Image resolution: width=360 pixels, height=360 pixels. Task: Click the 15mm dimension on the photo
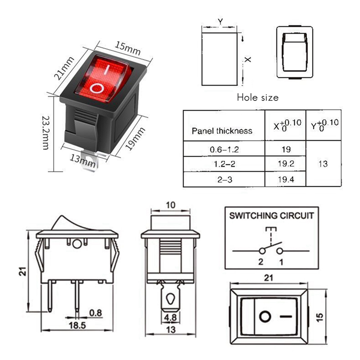128,48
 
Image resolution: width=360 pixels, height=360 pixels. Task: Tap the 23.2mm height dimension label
46,133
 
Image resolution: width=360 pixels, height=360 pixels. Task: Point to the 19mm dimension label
135,139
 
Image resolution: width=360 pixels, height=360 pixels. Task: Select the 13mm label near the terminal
83,161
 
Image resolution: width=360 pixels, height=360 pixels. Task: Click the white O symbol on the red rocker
96,88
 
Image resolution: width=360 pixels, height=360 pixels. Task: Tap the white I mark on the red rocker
106,70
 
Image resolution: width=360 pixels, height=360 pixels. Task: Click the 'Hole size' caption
257,98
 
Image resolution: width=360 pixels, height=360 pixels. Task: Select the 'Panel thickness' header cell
222,131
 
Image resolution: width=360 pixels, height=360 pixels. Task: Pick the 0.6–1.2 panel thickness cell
224,150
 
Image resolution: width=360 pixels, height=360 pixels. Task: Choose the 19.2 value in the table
286,164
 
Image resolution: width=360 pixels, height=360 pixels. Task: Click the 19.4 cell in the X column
286,179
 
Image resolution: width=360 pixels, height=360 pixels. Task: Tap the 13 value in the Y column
323,164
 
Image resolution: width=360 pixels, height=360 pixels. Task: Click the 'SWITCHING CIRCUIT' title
272,216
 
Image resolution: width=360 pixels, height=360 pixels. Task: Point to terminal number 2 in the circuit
261,262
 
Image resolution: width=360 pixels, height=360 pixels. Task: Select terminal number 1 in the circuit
281,262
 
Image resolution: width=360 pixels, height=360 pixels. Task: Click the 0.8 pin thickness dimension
95,313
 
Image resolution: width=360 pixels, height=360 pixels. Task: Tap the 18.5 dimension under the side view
77,325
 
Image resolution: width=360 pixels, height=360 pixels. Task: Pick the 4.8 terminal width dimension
171,318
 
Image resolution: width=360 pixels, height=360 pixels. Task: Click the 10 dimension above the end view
171,205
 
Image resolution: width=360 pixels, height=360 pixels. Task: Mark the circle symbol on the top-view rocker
265,317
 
